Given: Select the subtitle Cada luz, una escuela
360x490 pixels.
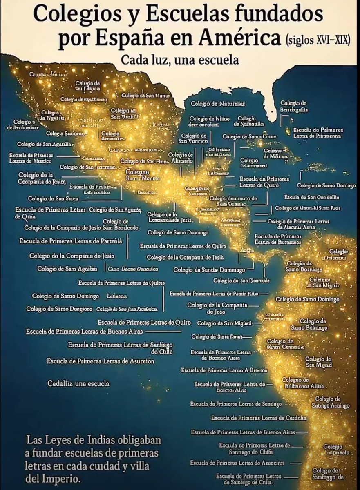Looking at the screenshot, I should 179,60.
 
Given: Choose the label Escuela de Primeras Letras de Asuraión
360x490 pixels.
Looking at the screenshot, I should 100,361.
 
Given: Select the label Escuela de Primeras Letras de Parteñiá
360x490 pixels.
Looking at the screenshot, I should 70,241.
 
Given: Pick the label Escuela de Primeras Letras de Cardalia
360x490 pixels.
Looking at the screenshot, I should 259,418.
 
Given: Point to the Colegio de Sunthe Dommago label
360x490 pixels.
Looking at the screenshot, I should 209,270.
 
